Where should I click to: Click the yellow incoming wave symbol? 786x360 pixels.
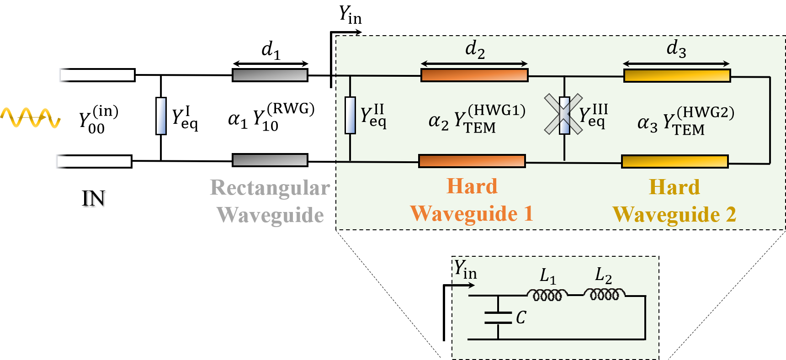click(x=30, y=117)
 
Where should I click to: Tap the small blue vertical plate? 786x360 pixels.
click(x=161, y=116)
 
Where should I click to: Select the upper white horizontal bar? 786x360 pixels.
click(x=96, y=75)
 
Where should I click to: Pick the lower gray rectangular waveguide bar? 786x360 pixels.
click(x=270, y=160)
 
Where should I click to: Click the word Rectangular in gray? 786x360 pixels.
click(x=270, y=188)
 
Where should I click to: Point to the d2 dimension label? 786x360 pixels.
click(x=475, y=49)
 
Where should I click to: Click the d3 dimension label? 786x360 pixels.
click(x=676, y=48)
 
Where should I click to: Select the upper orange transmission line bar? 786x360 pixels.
click(x=474, y=75)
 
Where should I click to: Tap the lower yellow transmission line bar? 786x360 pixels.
click(x=674, y=161)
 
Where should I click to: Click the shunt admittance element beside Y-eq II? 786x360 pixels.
click(x=350, y=115)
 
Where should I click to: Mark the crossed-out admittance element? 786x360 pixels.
click(x=564, y=115)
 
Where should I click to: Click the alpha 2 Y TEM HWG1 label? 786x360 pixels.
click(x=477, y=119)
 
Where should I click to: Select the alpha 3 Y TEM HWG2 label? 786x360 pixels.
click(x=685, y=121)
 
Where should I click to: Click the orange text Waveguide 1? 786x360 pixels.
click(x=472, y=213)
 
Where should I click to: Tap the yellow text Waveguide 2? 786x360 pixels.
click(x=674, y=214)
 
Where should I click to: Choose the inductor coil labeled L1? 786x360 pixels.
click(x=547, y=295)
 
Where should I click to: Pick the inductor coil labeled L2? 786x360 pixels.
click(x=604, y=294)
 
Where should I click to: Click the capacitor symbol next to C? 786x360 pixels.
click(x=498, y=318)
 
